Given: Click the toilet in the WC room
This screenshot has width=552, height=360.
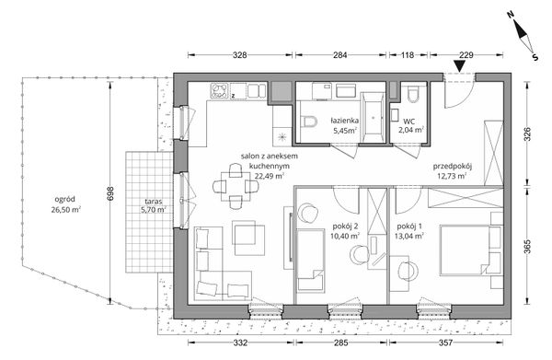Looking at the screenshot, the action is point(412,94).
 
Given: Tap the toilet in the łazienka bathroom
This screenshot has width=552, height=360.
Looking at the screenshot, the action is point(308,122).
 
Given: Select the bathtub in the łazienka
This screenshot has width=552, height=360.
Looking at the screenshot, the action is point(373,118).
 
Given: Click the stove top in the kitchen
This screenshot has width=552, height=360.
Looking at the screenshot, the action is point(219,90).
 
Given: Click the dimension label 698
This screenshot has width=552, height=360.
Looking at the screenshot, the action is point(109,193).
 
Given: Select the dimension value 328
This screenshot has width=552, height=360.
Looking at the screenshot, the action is point(240,55).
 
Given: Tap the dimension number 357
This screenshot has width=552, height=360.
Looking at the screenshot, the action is point(445,343).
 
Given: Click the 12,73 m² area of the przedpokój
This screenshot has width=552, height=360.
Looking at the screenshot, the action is point(452,176).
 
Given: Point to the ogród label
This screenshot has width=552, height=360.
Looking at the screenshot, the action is point(64,200).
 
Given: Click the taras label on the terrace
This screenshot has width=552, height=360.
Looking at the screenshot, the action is point(153,202).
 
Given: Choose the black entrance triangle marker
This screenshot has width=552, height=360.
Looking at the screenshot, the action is point(459,66).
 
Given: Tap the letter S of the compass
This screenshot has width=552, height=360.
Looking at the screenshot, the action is point(535,57).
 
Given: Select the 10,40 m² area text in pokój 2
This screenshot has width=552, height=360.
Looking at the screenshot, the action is point(345,236).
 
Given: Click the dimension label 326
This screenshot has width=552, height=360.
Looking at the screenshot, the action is point(527,134).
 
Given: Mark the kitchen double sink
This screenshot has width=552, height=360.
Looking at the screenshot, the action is point(257,90).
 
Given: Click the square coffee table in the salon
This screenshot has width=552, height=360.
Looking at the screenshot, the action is point(248,238).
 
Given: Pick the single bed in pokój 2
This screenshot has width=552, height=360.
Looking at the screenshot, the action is point(310,261).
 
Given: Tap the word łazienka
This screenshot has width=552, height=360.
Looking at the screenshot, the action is point(345,121).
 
